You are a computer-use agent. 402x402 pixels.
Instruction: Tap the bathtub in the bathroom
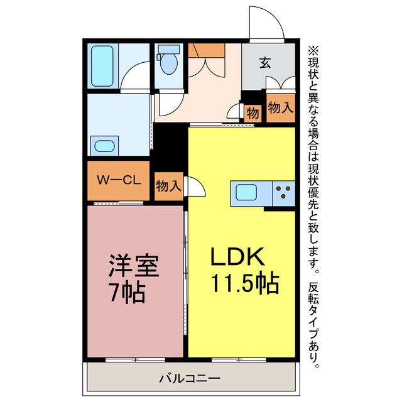(102, 66)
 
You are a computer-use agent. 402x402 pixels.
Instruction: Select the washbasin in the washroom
(104, 146)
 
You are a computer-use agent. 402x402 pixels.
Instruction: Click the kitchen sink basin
(246, 192)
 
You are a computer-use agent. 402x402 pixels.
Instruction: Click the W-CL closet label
(119, 180)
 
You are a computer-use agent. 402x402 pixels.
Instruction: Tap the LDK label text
(237, 256)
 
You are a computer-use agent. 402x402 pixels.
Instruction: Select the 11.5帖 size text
(244, 283)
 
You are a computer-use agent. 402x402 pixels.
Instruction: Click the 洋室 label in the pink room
(134, 266)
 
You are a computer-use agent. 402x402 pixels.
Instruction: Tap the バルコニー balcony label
(190, 378)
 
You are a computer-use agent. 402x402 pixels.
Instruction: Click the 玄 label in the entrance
(265, 63)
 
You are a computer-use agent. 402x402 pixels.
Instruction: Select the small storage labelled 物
(253, 113)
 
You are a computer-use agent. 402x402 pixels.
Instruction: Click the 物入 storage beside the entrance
(281, 107)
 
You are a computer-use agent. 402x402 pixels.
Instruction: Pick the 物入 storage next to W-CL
(169, 186)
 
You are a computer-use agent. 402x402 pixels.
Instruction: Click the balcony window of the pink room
(135, 360)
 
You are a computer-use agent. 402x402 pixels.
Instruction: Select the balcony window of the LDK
(239, 360)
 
